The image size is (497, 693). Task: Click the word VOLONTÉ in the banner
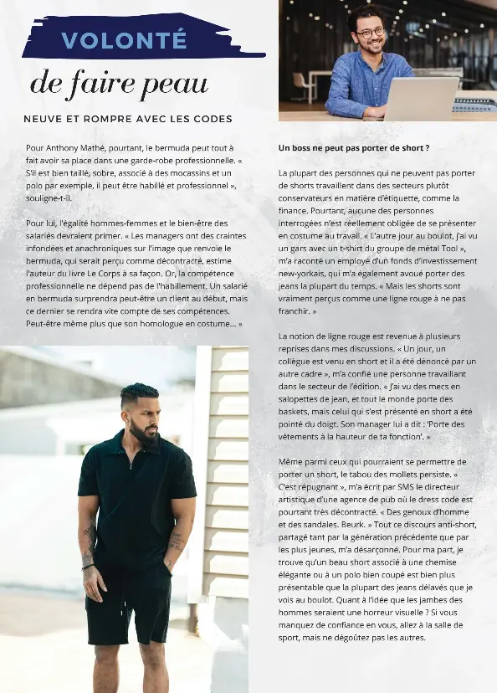coord(124,40)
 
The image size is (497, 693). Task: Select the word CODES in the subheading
coord(212,119)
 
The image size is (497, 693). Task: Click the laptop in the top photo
coord(420,98)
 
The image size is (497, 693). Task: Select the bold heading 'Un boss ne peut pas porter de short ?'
coord(354,148)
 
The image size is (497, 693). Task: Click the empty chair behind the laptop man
coord(300,85)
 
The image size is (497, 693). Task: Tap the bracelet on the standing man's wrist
coord(88,567)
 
